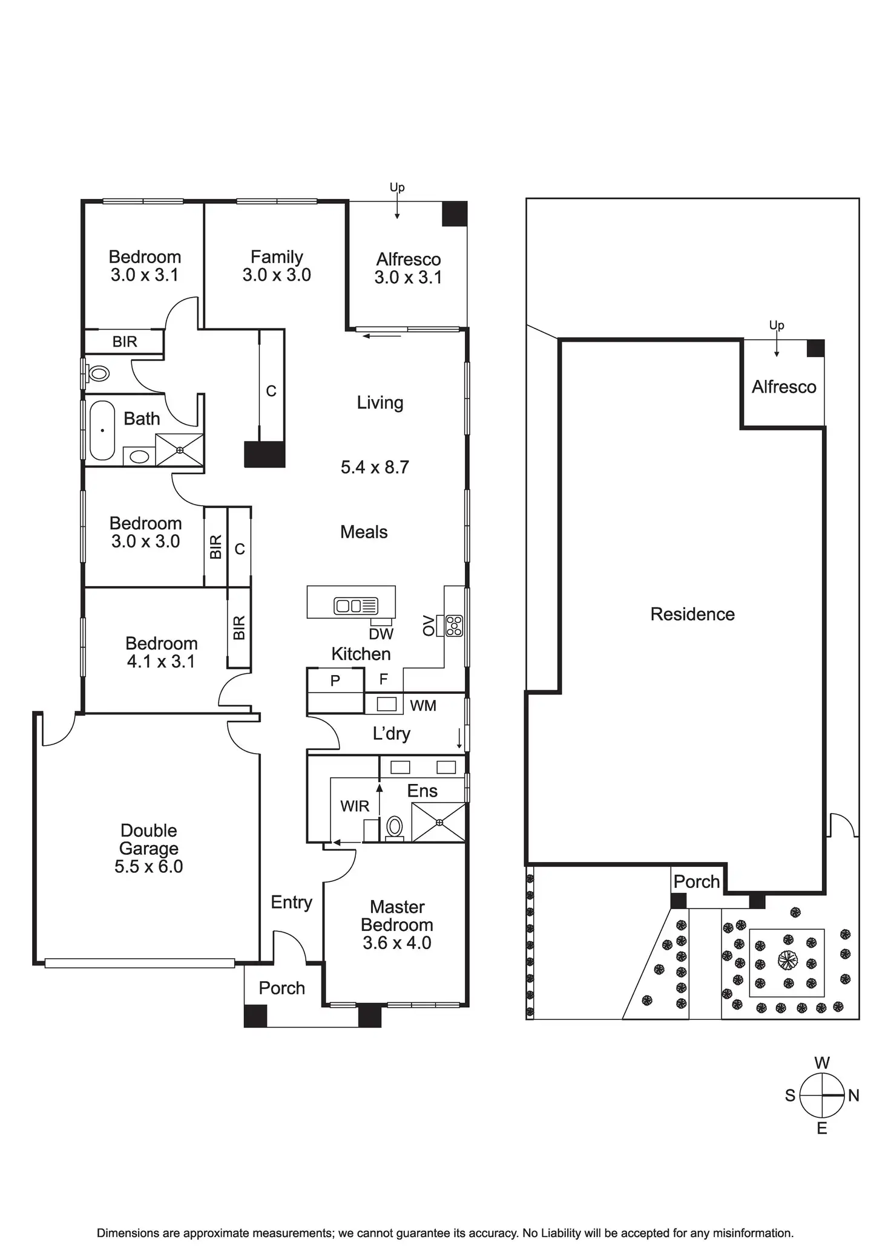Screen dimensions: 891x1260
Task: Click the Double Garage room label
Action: pyautogui.click(x=148, y=839)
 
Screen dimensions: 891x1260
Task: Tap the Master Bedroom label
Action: pyautogui.click(x=397, y=916)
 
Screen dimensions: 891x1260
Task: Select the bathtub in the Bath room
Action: pyautogui.click(x=102, y=430)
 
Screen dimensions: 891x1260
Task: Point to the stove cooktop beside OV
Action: pyautogui.click(x=454, y=625)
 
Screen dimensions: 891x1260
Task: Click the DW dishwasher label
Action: pyautogui.click(x=381, y=634)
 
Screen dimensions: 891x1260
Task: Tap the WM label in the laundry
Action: pyautogui.click(x=423, y=706)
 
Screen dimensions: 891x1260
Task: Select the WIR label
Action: pyautogui.click(x=355, y=806)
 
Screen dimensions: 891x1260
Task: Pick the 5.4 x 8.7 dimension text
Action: pyautogui.click(x=375, y=467)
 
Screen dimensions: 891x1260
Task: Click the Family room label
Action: pyautogui.click(x=277, y=257)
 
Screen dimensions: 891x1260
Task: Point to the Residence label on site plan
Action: pyautogui.click(x=692, y=614)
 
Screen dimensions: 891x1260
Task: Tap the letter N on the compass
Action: pyautogui.click(x=853, y=1095)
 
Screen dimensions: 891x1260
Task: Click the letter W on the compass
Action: pyautogui.click(x=821, y=1063)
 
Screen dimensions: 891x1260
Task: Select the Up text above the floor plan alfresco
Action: pyautogui.click(x=397, y=188)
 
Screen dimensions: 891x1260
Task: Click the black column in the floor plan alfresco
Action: pyautogui.click(x=455, y=214)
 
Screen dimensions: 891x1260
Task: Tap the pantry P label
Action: pyautogui.click(x=335, y=681)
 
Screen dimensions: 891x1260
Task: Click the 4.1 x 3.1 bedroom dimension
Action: pyautogui.click(x=161, y=662)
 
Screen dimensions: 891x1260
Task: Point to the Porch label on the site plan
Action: pyautogui.click(x=697, y=881)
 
